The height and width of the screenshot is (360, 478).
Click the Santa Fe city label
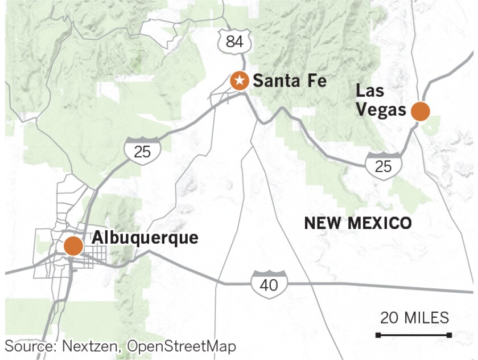[x=289, y=81]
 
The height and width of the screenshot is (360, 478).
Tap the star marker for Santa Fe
[x=240, y=80]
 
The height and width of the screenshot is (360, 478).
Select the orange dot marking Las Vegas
[x=421, y=111]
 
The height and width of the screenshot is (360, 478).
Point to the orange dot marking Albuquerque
[x=73, y=247]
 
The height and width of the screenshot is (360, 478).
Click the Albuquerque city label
[x=145, y=238]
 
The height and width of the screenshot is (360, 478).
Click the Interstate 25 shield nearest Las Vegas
[x=384, y=165]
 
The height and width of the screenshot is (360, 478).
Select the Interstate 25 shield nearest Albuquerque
[x=143, y=150]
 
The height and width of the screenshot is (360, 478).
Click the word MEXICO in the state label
[x=377, y=223]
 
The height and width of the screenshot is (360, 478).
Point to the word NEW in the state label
[x=322, y=223]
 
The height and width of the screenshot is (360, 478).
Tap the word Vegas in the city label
[x=380, y=110]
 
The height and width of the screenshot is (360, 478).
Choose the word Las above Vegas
[x=369, y=91]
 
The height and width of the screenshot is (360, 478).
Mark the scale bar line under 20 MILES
[x=414, y=334]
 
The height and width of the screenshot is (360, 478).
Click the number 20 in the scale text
[x=389, y=317]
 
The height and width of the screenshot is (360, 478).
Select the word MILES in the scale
[x=426, y=317]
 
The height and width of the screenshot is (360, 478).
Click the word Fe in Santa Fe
[x=315, y=81]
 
